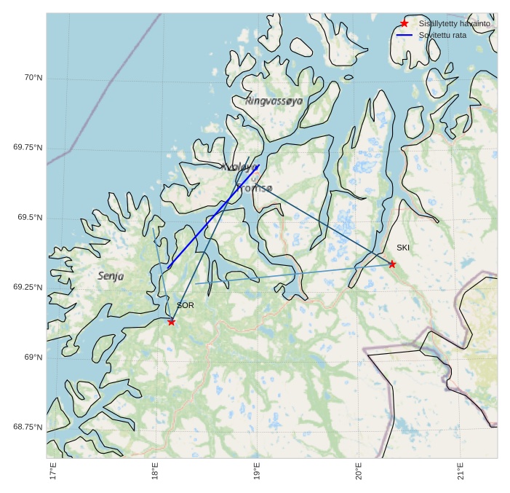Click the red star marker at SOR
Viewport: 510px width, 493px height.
(171, 321)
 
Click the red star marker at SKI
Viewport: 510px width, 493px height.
(392, 264)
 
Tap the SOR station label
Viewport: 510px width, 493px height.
(185, 306)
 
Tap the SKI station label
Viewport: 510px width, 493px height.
(403, 248)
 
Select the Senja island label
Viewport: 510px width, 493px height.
(111, 276)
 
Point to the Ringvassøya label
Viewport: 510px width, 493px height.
(274, 101)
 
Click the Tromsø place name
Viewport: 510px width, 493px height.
(254, 189)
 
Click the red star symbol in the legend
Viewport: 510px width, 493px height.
(405, 24)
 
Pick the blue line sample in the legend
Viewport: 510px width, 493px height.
(405, 35)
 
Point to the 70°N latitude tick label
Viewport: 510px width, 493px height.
(33, 78)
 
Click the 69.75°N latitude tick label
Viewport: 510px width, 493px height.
(28, 148)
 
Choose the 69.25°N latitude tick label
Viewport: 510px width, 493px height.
(28, 288)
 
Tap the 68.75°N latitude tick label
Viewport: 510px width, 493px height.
(28, 427)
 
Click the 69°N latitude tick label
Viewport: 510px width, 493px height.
(33, 358)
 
